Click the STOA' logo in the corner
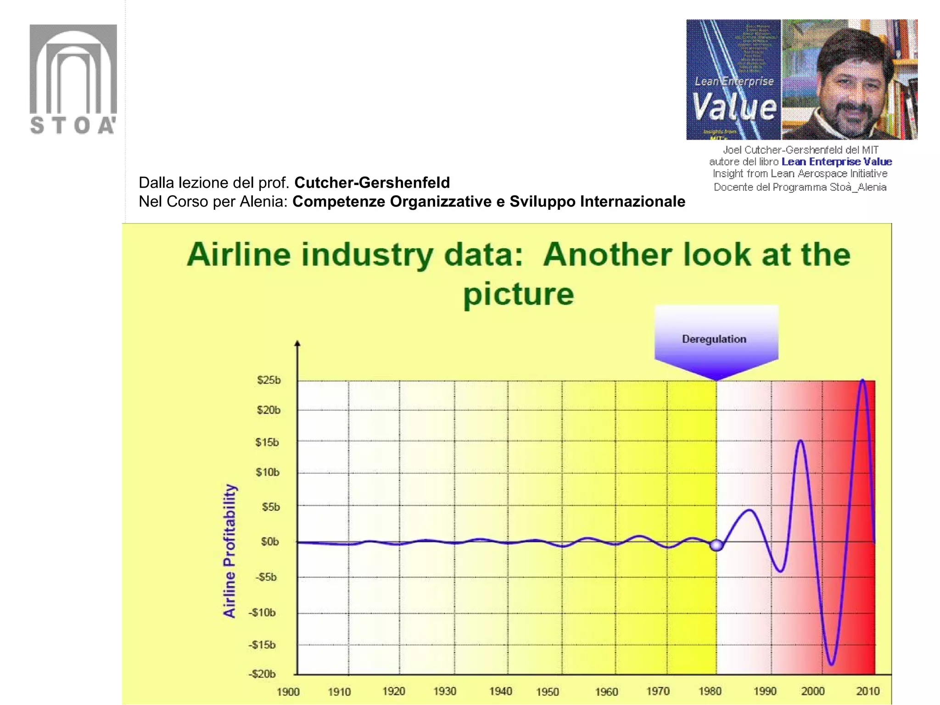[x=73, y=79]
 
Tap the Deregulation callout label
[x=714, y=339]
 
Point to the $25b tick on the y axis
[x=269, y=380]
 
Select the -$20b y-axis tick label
[x=262, y=674]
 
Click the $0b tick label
[x=269, y=542]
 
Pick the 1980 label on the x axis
[x=710, y=691]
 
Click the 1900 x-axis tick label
[x=288, y=692]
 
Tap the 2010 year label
[x=867, y=691]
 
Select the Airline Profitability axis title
[x=229, y=551]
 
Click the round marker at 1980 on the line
[x=716, y=545]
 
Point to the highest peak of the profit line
[x=863, y=380]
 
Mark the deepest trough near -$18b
[x=832, y=664]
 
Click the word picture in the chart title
[x=519, y=294]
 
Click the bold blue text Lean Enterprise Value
[x=836, y=162]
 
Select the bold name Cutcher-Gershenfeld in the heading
[x=372, y=183]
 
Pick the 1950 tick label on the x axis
[x=547, y=692]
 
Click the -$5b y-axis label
[x=266, y=577]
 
